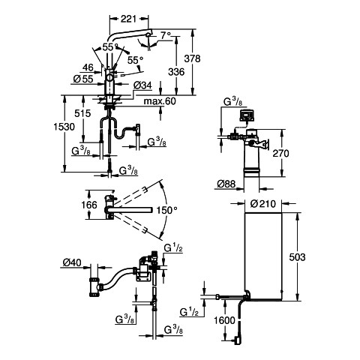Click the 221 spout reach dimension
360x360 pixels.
(128, 19)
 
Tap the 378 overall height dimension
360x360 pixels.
(192, 58)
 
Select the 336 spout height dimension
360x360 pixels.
(176, 72)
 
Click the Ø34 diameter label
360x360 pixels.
(142, 85)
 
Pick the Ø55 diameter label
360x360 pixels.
(83, 79)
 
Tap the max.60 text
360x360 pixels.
(160, 101)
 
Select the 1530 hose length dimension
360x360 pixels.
(64, 127)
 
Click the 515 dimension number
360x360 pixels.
(82, 113)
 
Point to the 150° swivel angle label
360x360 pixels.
(166, 211)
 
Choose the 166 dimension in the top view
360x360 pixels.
(89, 205)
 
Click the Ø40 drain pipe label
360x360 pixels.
(72, 262)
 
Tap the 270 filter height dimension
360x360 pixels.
(280, 153)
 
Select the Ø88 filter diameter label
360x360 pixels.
(226, 184)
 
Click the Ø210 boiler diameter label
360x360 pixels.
(263, 204)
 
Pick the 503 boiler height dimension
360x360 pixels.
(297, 257)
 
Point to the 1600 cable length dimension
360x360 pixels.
(224, 320)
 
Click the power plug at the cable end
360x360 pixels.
(237, 340)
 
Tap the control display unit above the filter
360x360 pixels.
(247, 115)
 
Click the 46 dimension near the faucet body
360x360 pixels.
(88, 67)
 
